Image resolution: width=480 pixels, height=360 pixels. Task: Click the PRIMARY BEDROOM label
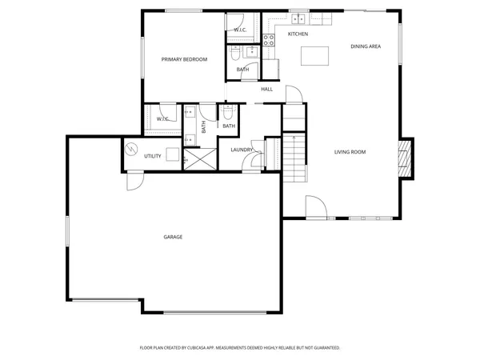(x=184, y=59)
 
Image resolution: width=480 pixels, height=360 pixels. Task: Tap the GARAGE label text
(x=173, y=237)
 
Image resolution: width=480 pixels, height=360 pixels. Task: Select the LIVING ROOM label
(x=350, y=151)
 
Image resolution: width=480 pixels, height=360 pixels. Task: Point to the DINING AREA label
(x=365, y=46)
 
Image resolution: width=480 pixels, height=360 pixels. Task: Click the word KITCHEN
(x=298, y=34)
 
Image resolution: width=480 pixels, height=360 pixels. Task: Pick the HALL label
(x=266, y=89)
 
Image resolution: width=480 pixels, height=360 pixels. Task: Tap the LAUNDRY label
(x=242, y=150)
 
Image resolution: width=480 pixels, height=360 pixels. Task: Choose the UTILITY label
(x=153, y=156)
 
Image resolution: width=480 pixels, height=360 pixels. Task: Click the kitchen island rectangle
(x=315, y=56)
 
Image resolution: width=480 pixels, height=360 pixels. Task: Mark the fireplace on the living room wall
(x=406, y=158)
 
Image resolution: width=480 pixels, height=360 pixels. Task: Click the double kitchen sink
(x=298, y=18)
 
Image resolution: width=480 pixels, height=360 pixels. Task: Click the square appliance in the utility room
(x=172, y=155)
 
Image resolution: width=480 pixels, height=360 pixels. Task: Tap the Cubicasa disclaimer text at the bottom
(x=240, y=348)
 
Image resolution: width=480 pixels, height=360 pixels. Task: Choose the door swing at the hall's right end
(x=294, y=94)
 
